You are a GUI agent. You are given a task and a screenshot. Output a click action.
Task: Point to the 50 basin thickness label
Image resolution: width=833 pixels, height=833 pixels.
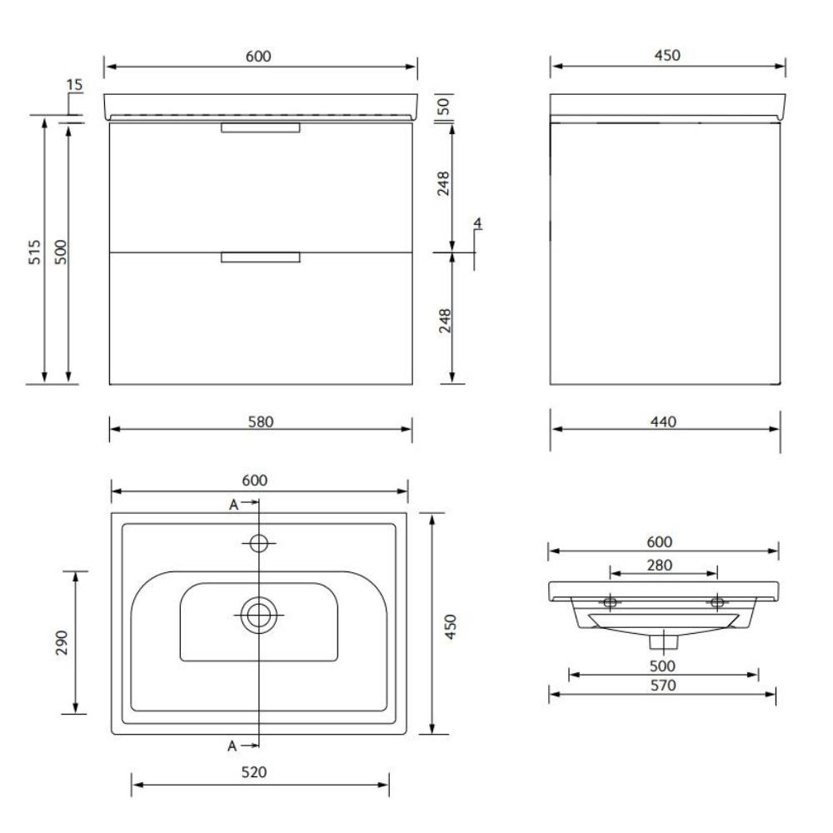444,106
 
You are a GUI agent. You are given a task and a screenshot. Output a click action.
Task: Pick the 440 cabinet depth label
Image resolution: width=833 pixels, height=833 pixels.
665,421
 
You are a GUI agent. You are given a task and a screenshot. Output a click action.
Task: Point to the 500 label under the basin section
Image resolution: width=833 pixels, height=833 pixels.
664,666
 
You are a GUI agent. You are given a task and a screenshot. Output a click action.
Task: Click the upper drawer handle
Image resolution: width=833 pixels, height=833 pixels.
259,127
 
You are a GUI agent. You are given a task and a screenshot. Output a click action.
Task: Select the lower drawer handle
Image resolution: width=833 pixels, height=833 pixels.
259,257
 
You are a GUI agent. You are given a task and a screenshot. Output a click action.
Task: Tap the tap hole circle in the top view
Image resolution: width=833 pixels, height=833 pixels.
259,543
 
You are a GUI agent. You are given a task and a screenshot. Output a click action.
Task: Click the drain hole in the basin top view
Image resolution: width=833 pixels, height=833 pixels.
259,615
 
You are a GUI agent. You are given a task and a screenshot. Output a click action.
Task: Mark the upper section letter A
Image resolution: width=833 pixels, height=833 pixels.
233,504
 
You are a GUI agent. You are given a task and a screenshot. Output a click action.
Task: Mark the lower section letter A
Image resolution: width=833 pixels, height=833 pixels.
233,746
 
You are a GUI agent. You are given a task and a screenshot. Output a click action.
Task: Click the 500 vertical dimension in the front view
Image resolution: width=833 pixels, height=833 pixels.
60,252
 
